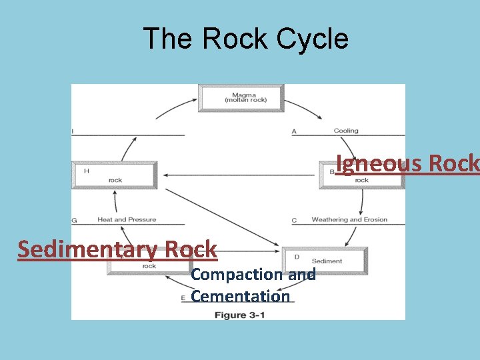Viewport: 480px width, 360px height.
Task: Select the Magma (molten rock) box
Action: (x=241, y=97)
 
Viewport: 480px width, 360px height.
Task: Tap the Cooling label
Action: (x=346, y=131)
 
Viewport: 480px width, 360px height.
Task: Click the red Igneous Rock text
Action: (x=407, y=163)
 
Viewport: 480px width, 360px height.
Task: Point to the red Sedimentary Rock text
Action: (x=117, y=249)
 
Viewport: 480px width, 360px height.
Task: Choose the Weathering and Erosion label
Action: (x=349, y=219)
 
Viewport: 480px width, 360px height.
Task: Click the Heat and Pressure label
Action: (x=127, y=219)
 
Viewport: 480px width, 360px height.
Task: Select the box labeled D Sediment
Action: (x=325, y=261)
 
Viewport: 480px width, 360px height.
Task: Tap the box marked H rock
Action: (x=115, y=175)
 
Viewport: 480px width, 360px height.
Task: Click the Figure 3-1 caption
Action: (x=239, y=314)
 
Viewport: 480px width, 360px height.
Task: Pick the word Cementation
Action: (x=241, y=296)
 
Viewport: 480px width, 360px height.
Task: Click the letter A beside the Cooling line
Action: (x=294, y=131)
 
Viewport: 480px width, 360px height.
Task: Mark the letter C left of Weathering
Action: (x=294, y=220)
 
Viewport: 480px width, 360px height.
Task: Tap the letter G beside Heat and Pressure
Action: (x=74, y=220)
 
